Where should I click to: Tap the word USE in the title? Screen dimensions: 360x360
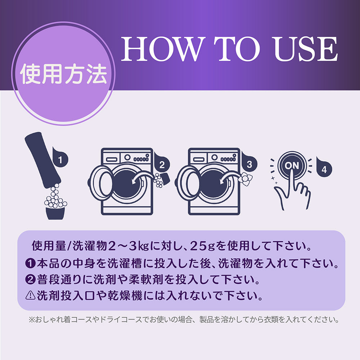[306, 49]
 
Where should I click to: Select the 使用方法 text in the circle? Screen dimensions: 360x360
[64, 74]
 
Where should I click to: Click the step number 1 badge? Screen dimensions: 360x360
[60, 158]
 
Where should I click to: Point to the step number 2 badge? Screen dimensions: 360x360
[162, 163]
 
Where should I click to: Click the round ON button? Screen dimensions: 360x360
[292, 165]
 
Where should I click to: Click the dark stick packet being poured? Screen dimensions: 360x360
[43, 160]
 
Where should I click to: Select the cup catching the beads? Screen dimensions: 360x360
[55, 213]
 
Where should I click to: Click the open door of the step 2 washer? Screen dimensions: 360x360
[101, 183]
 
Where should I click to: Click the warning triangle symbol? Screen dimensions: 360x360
[30, 296]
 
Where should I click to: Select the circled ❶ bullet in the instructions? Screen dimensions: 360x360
[30, 264]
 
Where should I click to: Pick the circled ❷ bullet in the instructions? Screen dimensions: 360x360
[30, 280]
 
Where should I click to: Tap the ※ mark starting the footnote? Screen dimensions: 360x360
[31, 320]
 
